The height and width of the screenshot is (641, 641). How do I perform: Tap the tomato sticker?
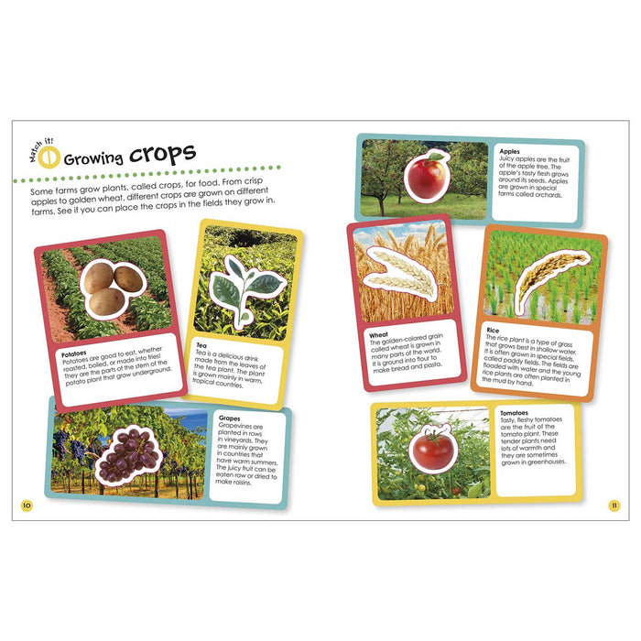[x=432, y=449]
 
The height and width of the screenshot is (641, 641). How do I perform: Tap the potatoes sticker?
[x=114, y=289]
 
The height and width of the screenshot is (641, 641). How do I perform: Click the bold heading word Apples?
[x=509, y=151]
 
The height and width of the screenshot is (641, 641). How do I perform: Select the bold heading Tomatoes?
[x=515, y=413]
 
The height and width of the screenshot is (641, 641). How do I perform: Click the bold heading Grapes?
[x=229, y=418]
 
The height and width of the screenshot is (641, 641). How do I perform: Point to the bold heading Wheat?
[x=378, y=335]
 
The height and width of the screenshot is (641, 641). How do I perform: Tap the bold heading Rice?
[x=493, y=330]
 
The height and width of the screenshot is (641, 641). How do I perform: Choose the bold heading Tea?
[x=201, y=345]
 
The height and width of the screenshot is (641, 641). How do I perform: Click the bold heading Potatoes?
[x=74, y=353]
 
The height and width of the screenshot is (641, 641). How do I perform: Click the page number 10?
[x=27, y=505]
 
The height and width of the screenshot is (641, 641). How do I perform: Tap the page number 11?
[x=614, y=505]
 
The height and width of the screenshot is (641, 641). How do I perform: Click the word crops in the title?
[x=162, y=155]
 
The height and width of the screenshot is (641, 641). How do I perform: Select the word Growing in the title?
[x=93, y=159]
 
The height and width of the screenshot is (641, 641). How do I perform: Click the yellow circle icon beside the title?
[x=49, y=158]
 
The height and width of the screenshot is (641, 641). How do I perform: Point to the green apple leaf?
[x=436, y=156]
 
